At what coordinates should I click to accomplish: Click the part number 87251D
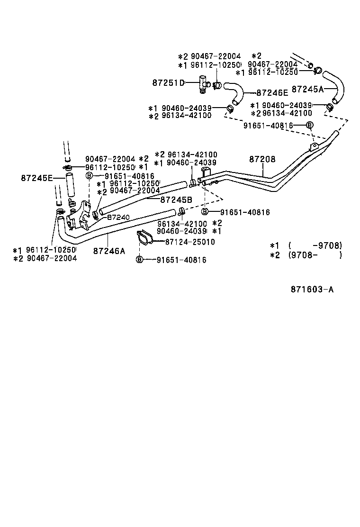pos(168,82)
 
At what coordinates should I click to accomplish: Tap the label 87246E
pos(273,93)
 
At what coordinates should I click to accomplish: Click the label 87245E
pos(36,178)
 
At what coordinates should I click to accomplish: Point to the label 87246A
pos(109,251)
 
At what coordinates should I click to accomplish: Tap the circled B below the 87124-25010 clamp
pos(139,260)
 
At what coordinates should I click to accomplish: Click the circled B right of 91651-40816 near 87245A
pos(309,126)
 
